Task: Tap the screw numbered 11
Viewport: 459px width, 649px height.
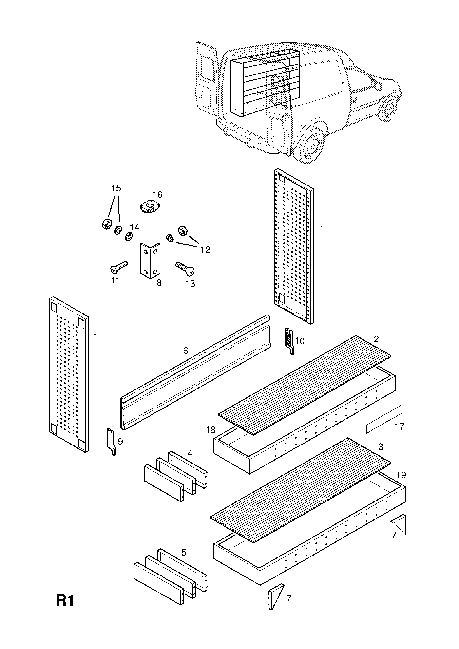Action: pos(119,267)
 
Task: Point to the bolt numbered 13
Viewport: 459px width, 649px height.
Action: pos(186,268)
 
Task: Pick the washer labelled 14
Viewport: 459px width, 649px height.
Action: pos(129,236)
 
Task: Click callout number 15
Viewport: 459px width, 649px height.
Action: pos(116,188)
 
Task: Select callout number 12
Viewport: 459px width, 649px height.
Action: pos(205,250)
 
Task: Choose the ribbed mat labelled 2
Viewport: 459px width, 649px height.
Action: pos(305,385)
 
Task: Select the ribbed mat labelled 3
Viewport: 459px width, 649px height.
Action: pos(301,490)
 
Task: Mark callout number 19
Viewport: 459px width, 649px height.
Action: pos(401,475)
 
